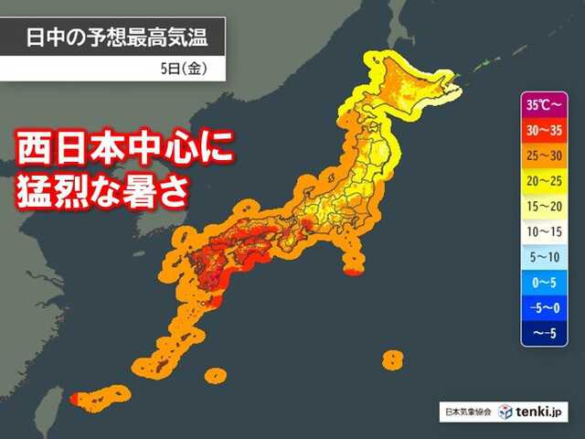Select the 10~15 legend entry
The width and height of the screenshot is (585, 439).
click(547, 232)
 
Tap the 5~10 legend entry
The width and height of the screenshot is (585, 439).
click(547, 258)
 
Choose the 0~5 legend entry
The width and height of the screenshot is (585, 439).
click(547, 284)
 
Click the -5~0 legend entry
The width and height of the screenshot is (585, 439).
click(547, 309)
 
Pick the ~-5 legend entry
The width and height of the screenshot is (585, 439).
click(547, 335)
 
